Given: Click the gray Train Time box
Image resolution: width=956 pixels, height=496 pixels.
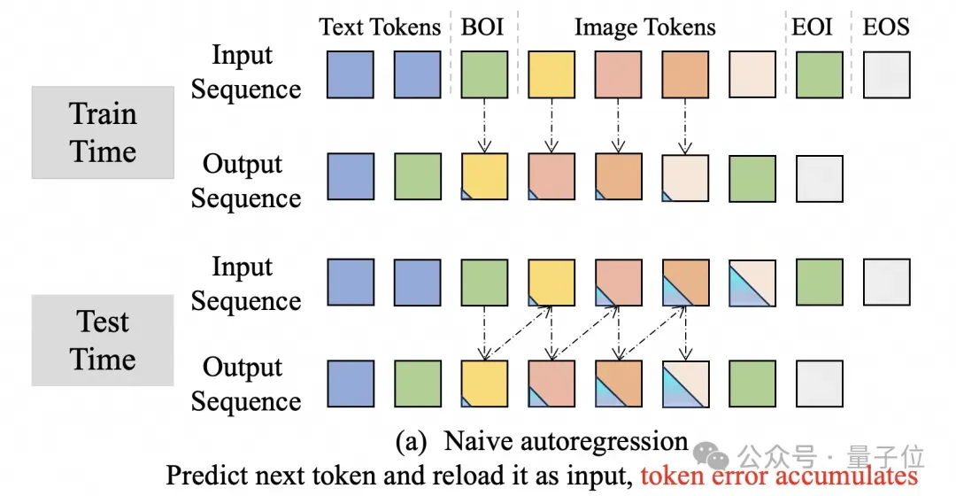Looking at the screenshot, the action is [103, 132].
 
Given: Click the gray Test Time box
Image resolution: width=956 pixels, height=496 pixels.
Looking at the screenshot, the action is [103, 340].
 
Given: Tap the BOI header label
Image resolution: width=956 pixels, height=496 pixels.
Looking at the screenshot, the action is [482, 27].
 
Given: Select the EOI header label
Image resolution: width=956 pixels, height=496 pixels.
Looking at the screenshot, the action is [812, 27].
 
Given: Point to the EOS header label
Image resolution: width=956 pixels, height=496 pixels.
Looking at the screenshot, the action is [886, 27].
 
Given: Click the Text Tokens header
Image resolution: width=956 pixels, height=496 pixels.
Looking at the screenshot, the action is [379, 27].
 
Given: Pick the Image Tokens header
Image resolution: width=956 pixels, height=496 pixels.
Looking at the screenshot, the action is [644, 27].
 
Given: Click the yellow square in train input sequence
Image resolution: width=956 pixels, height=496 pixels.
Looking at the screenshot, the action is [551, 75].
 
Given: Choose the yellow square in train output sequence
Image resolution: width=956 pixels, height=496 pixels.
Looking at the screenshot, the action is [484, 177].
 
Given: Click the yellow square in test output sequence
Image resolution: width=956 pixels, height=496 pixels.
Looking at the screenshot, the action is [484, 384].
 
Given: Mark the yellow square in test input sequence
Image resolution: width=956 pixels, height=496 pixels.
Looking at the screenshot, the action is [551, 283].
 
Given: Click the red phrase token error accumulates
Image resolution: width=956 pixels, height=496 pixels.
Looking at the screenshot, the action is [779, 476].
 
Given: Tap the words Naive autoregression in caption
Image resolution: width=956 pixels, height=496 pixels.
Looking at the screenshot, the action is [565, 441].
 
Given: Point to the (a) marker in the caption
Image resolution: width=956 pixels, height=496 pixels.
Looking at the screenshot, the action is [411, 442].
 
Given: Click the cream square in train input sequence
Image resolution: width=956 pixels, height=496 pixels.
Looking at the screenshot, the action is [752, 75].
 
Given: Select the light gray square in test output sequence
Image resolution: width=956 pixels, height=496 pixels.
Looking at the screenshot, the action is [820, 384].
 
